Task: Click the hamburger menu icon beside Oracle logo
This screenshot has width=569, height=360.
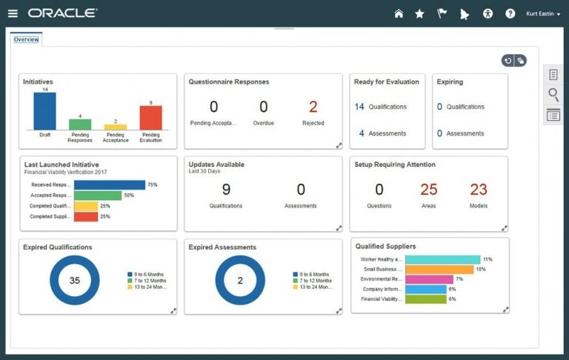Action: point(13,13)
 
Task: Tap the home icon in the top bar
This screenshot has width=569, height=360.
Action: point(399,13)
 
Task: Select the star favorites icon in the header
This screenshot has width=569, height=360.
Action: point(419,13)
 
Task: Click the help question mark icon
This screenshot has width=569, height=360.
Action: point(510,13)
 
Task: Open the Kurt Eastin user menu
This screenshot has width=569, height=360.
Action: point(542,13)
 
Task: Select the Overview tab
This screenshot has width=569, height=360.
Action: point(26,39)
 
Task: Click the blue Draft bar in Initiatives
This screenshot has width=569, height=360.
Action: point(44,111)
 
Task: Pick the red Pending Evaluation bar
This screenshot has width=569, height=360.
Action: point(150,118)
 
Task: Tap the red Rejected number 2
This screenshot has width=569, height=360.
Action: point(313,107)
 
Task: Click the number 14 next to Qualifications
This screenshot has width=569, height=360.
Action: point(359,107)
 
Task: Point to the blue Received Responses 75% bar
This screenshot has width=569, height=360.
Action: point(110,184)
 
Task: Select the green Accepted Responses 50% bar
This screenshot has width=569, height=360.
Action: point(98,195)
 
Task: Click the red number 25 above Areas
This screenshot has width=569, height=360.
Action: point(429,190)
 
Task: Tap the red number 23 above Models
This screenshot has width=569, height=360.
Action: point(479,190)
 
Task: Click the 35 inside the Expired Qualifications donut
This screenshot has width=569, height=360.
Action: point(75,280)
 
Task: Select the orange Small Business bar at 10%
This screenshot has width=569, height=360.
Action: point(439,269)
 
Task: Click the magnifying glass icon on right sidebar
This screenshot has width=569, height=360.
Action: point(553,94)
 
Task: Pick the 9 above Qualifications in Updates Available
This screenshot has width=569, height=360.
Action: point(226,190)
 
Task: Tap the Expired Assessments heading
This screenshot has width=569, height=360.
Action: point(222,247)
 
